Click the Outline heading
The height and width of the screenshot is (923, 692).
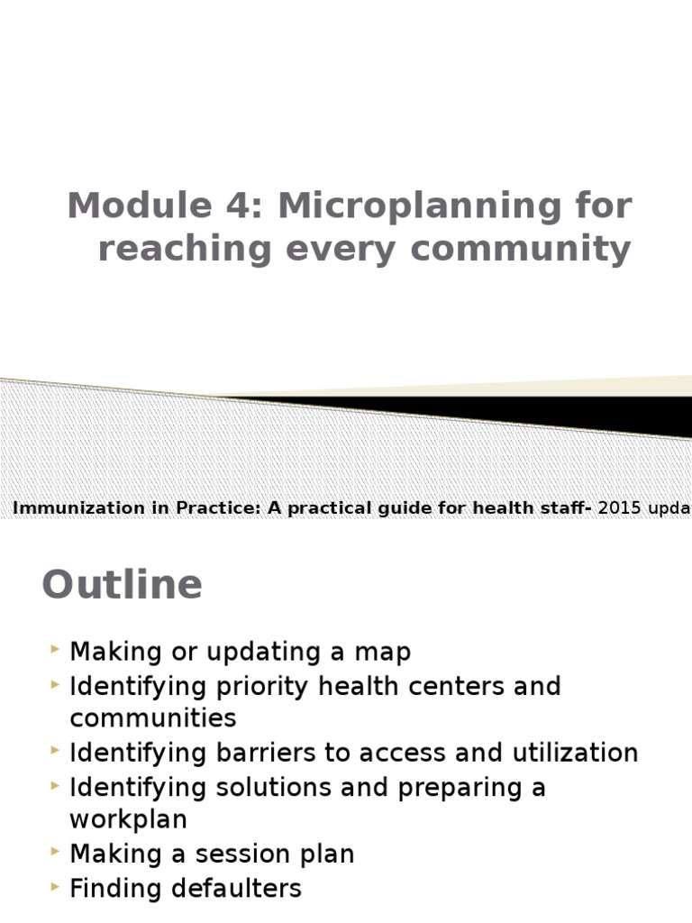pos(122,585)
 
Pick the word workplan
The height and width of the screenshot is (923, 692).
pos(128,819)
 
